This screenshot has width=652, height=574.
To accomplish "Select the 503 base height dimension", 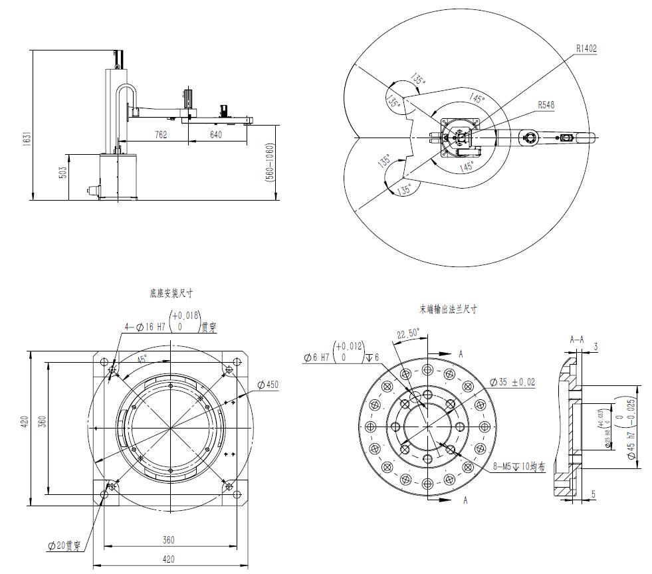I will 63,173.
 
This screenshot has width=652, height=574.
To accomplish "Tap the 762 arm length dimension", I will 160,134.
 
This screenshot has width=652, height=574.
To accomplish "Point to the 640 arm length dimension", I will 215,134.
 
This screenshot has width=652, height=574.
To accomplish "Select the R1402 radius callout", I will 586,48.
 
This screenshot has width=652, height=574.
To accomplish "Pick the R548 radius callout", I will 546,104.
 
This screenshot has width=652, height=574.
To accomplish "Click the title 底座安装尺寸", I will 171,292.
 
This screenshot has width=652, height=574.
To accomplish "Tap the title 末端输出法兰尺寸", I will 447,309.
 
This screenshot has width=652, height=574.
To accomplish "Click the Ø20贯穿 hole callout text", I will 64,546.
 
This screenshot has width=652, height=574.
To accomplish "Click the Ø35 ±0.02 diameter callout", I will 512,382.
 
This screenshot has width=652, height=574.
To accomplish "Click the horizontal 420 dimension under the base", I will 169,559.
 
